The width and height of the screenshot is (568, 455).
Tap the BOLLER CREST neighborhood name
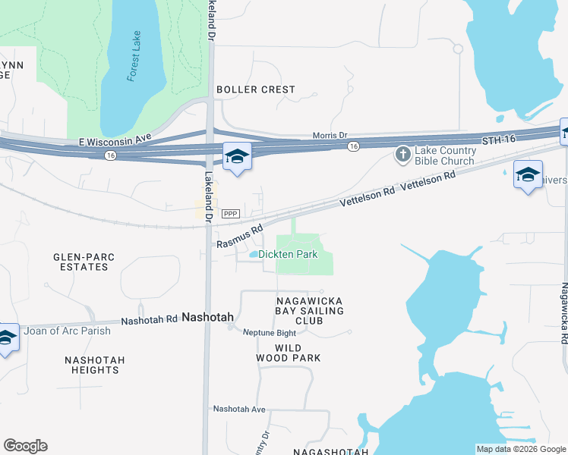pyautogui.click(x=256, y=89)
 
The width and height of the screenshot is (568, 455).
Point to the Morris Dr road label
pyautogui.click(x=330, y=135)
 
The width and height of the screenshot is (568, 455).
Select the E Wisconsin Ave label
pyautogui.click(x=115, y=141)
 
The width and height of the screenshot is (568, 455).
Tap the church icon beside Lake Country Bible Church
pyautogui.click(x=403, y=155)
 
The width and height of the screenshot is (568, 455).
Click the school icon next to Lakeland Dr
pyautogui.click(x=237, y=158)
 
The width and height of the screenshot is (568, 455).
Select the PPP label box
pyautogui.click(x=231, y=215)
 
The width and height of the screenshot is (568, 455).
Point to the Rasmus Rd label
pyautogui.click(x=239, y=235)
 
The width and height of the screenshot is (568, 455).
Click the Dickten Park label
pyautogui.click(x=288, y=255)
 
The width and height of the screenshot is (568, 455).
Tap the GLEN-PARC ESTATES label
pyautogui.click(x=84, y=262)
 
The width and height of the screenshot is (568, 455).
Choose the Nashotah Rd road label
pyautogui.click(x=149, y=321)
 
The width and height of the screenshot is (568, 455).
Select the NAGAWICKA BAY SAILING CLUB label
pyautogui.click(x=309, y=311)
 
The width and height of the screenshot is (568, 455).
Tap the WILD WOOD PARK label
pyautogui.click(x=298, y=353)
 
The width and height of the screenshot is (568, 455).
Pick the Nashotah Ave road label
pyautogui.click(x=239, y=409)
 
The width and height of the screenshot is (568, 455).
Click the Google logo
pyautogui.click(x=26, y=446)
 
